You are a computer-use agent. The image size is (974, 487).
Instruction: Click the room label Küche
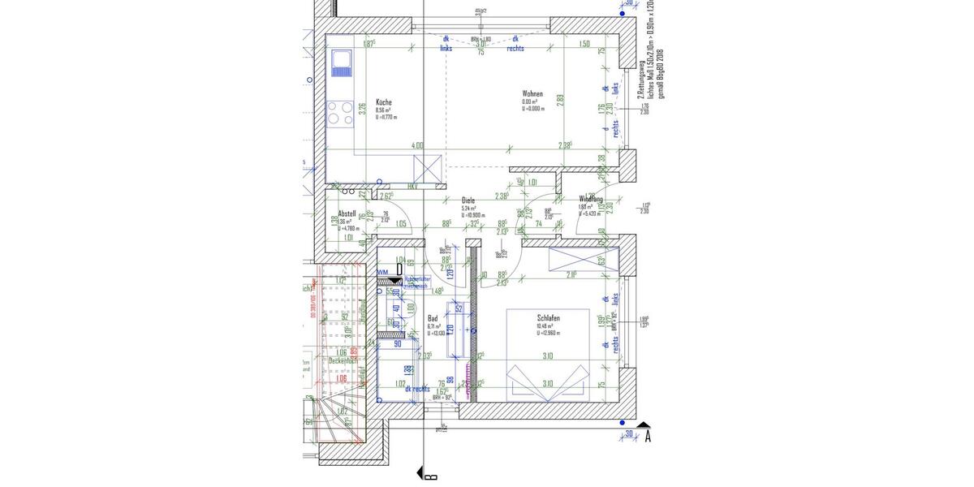[x=384, y=102]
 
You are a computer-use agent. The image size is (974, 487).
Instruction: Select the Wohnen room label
[x=532, y=94]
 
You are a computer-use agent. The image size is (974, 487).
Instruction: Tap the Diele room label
[x=468, y=200]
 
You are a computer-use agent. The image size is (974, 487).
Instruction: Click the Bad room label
[x=433, y=318]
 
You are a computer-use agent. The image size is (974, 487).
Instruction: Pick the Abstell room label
[x=347, y=213]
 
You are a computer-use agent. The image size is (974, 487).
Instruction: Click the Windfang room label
[x=590, y=199]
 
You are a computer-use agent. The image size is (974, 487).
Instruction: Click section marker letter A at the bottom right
[x=648, y=437]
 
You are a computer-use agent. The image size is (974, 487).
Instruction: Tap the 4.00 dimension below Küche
[x=417, y=146]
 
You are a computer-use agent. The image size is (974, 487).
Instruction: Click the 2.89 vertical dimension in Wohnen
[x=560, y=101]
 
